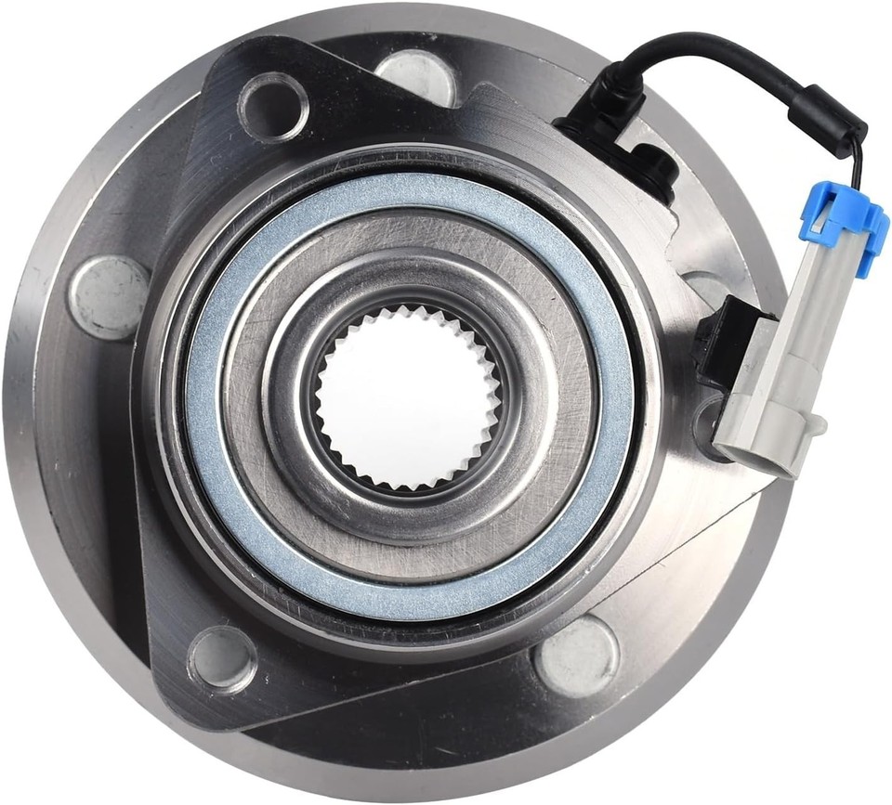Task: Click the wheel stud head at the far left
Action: (111, 296)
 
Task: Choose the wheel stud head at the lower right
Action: (577, 656)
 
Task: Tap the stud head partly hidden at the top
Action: (415, 69)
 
